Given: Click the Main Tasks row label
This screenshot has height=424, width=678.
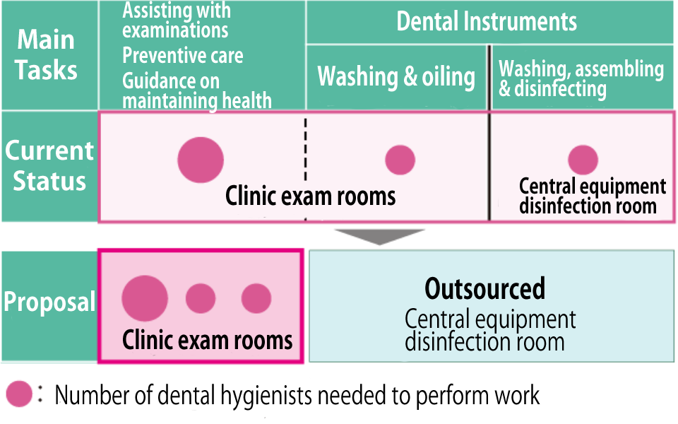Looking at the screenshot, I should [x=47, y=54].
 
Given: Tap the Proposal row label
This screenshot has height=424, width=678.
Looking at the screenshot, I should [x=49, y=302].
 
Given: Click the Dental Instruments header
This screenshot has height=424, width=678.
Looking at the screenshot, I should [x=487, y=21].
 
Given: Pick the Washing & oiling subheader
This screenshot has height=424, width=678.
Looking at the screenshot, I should [x=396, y=76].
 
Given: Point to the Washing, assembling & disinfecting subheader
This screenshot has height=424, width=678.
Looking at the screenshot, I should [x=581, y=78].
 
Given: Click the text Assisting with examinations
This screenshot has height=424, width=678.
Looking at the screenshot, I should [x=176, y=20].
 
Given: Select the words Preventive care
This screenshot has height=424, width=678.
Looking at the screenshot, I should [x=182, y=56].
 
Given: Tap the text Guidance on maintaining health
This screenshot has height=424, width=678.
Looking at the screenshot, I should [x=196, y=90].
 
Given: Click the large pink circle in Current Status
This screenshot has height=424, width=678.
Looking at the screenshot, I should [x=201, y=160].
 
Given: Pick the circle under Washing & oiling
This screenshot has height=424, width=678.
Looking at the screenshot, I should [x=400, y=160].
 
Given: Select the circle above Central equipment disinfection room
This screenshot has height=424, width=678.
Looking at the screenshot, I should [x=583, y=160].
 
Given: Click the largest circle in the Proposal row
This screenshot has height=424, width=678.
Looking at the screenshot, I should [x=145, y=298].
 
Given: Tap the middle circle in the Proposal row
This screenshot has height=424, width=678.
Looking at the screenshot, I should [x=201, y=298].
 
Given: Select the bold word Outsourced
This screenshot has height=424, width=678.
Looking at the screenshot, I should [x=484, y=288].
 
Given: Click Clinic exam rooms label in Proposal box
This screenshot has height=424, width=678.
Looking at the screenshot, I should [x=207, y=341].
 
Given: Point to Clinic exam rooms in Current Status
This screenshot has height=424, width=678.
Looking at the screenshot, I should [x=310, y=196].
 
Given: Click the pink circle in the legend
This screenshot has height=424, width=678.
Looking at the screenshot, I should [x=19, y=394].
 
